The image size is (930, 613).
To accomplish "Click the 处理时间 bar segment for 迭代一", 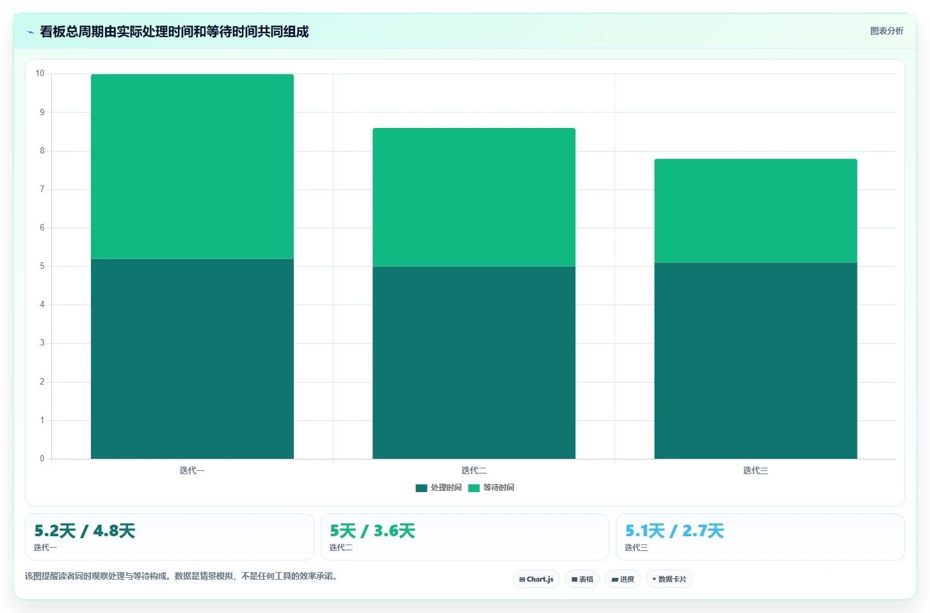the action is (192, 359).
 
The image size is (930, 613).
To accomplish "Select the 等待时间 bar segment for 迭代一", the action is (192, 166).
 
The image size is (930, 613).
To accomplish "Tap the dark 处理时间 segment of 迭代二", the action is (474, 363).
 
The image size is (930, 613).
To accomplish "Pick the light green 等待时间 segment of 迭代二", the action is (474, 197).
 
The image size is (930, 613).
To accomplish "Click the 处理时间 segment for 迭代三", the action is (756, 361).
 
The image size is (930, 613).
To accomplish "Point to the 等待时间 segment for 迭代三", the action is (756, 211).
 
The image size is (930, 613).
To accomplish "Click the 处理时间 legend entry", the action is (438, 488).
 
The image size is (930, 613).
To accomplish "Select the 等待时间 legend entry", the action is (491, 488).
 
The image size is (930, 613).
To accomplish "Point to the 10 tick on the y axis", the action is (40, 74).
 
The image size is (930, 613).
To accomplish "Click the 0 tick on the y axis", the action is (42, 459).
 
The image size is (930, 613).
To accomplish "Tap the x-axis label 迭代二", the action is (474, 470).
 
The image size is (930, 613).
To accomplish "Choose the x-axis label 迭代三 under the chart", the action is (756, 470).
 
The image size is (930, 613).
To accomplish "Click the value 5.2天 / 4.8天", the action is (84, 531).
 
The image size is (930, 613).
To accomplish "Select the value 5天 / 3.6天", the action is (373, 531).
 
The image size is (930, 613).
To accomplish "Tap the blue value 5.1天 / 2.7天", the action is (675, 531).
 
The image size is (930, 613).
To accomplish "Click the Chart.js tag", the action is (536, 579).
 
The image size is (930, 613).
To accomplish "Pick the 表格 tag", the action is (582, 579).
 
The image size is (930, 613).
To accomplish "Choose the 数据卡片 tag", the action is (669, 579).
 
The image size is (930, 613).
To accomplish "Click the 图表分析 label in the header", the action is (887, 31).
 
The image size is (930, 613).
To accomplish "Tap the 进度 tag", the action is (623, 579).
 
